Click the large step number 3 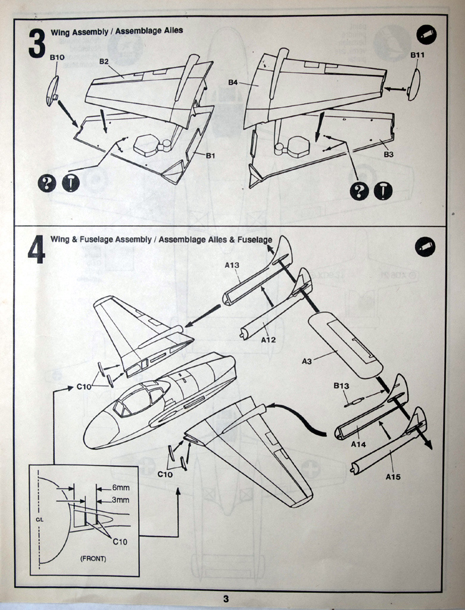point(37,43)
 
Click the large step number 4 point(36,250)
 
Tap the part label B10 point(57,57)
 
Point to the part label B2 point(104,61)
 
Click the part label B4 point(233,82)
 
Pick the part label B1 point(210,156)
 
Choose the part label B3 point(388,154)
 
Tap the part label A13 point(232,265)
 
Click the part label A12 point(269,340)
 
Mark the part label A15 point(393,476)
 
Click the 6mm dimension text point(121,487)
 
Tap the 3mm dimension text point(121,500)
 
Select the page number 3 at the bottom point(225,599)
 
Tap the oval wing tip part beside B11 point(413,85)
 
